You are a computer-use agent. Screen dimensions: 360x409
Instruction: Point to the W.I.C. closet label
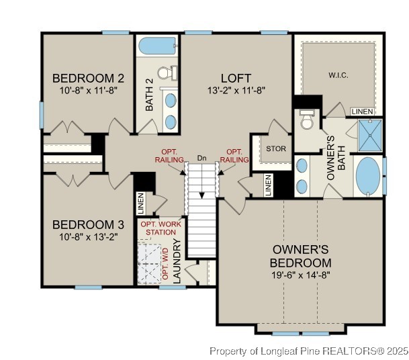(x=338, y=75)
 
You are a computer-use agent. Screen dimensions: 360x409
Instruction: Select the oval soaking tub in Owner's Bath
(x=367, y=176)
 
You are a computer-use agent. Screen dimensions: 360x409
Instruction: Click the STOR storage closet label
(x=276, y=148)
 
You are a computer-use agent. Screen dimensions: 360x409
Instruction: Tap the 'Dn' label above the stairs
(x=201, y=158)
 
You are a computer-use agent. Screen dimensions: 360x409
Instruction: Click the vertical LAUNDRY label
(x=178, y=261)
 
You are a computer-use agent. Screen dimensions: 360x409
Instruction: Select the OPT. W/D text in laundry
(x=167, y=263)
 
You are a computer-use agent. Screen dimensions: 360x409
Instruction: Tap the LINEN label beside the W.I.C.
(x=362, y=111)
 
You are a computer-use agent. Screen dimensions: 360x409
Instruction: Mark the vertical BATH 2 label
(x=150, y=95)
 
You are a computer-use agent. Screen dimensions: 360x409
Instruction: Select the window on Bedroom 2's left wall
(x=42, y=113)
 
